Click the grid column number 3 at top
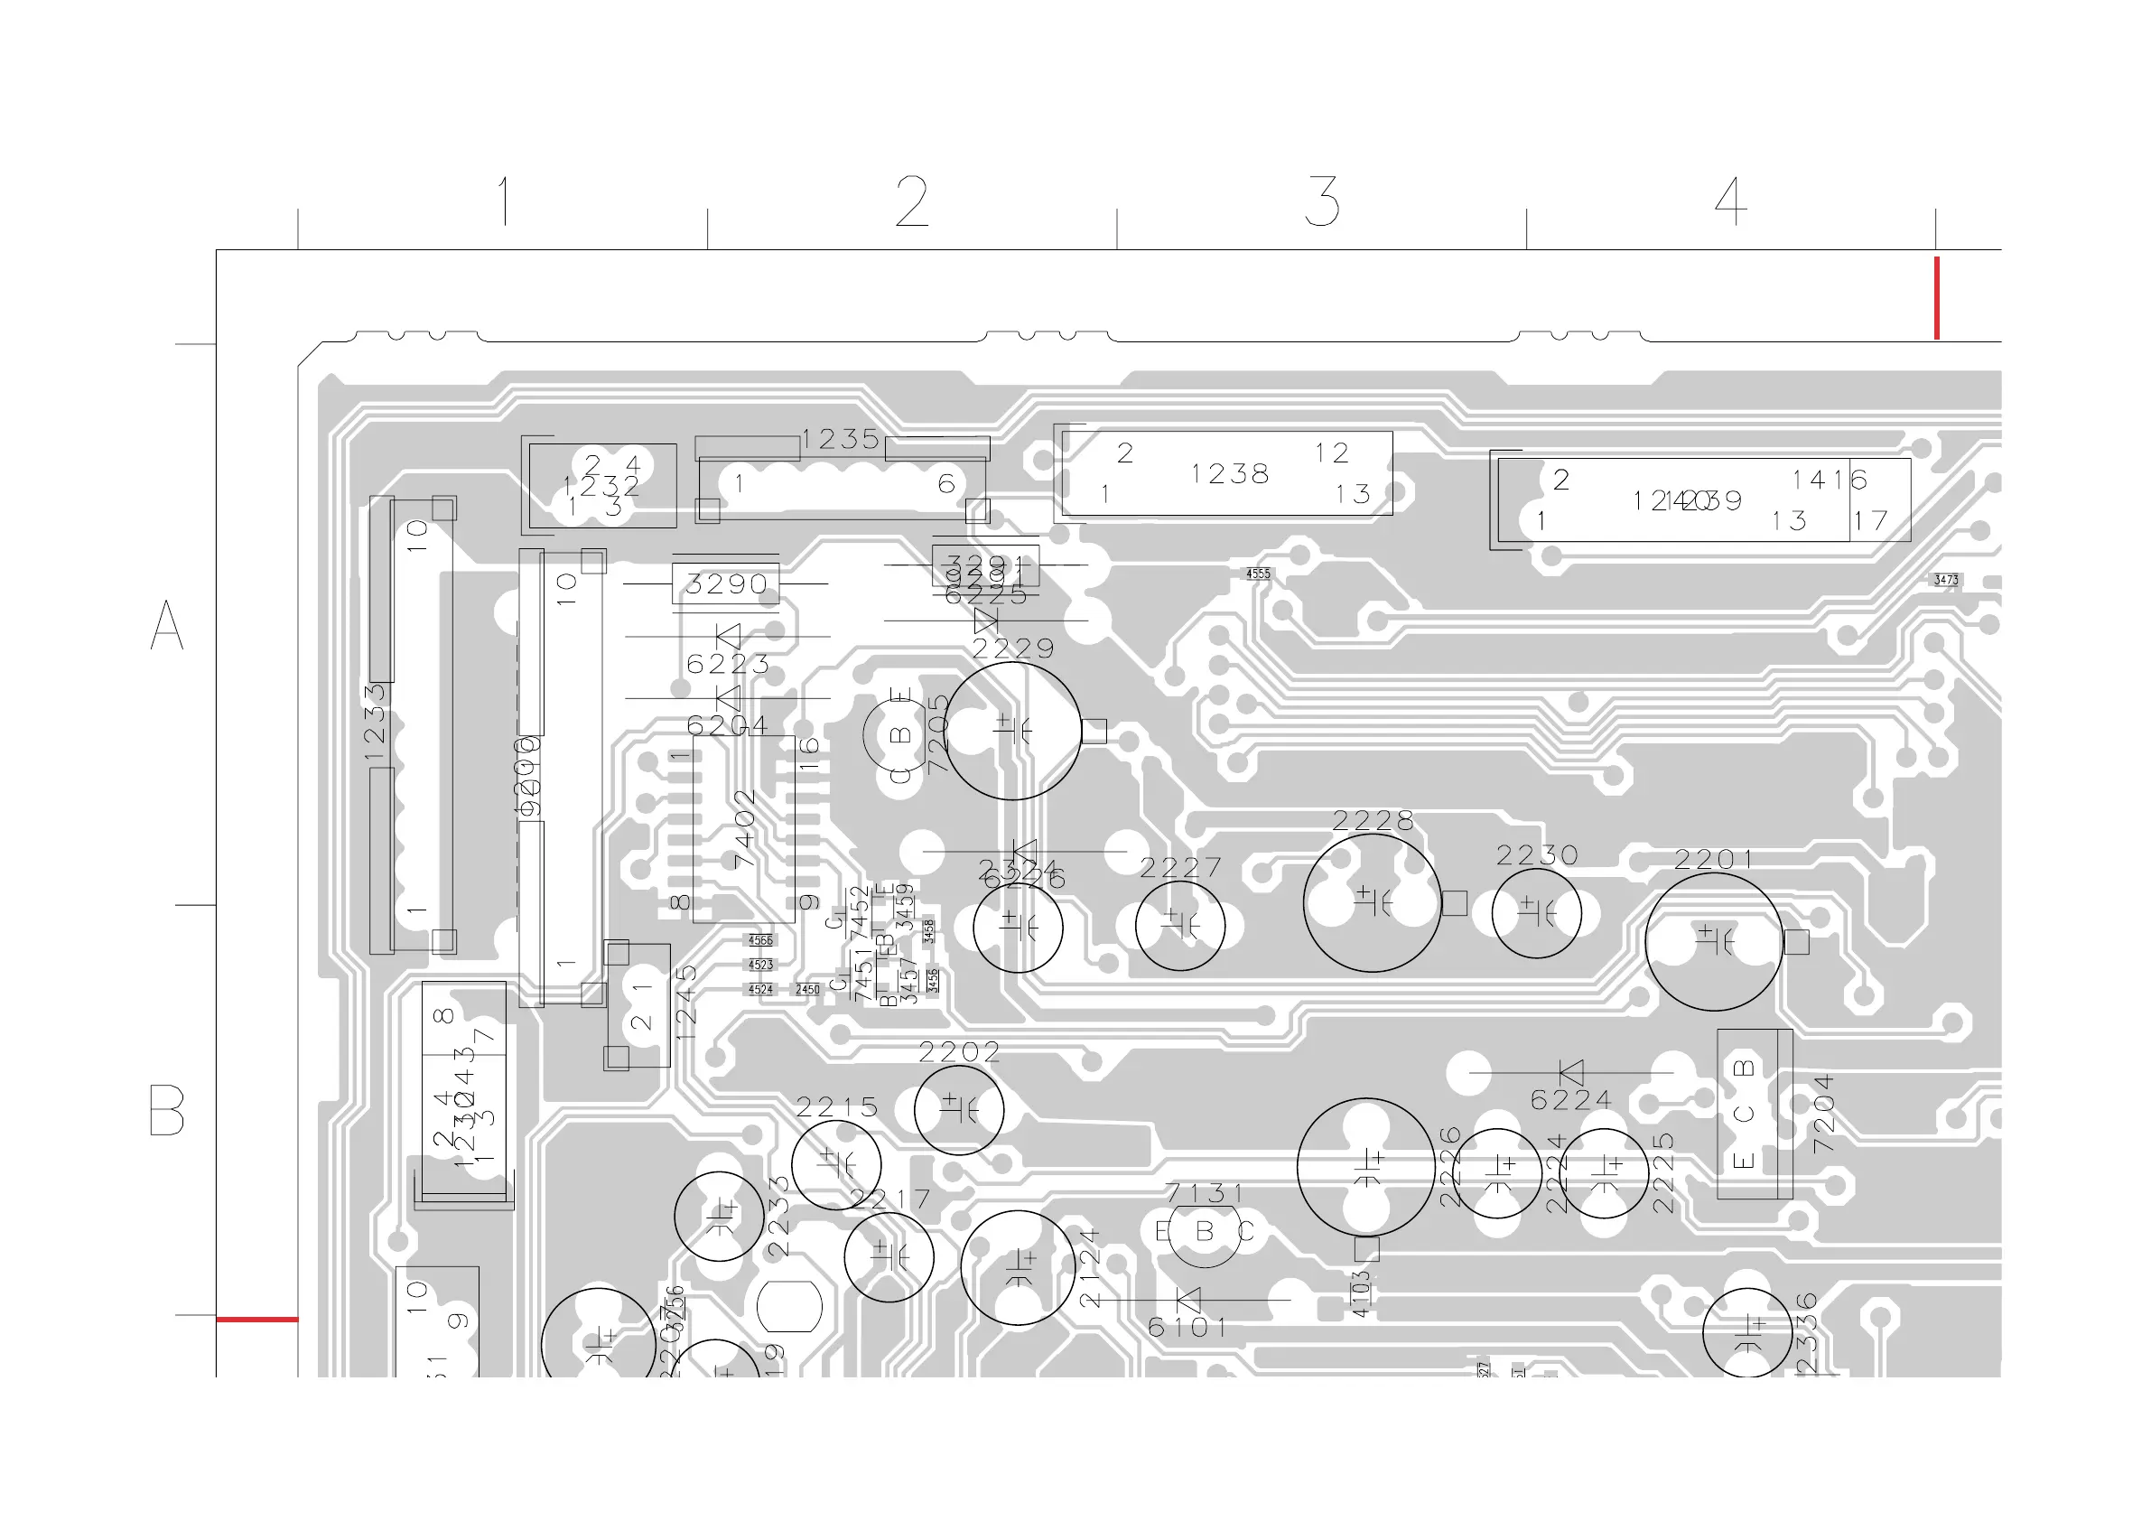pyautogui.click(x=1322, y=201)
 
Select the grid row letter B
pyautogui.click(x=167, y=1111)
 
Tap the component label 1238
pyautogui.click(x=1229, y=474)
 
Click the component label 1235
pyautogui.click(x=841, y=440)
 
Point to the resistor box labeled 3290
pyautogui.click(x=725, y=583)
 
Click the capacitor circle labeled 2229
pyautogui.click(x=1011, y=730)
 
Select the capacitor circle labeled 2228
pyautogui.click(x=1372, y=902)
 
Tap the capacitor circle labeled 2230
pyautogui.click(x=1536, y=913)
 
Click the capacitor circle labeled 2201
pyautogui.click(x=1714, y=941)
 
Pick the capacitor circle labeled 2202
pyautogui.click(x=958, y=1110)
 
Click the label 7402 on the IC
pyautogui.click(x=745, y=828)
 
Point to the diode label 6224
pyautogui.click(x=1571, y=1099)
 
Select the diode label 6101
pyautogui.click(x=1187, y=1327)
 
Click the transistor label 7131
pyautogui.click(x=1205, y=1194)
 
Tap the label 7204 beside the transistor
pyautogui.click(x=1823, y=1115)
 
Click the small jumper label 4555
pyautogui.click(x=1258, y=574)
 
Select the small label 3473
pyautogui.click(x=1946, y=580)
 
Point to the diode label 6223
pyautogui.click(x=728, y=665)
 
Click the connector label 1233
pyautogui.click(x=375, y=722)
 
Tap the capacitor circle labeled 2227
pyautogui.click(x=1179, y=925)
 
